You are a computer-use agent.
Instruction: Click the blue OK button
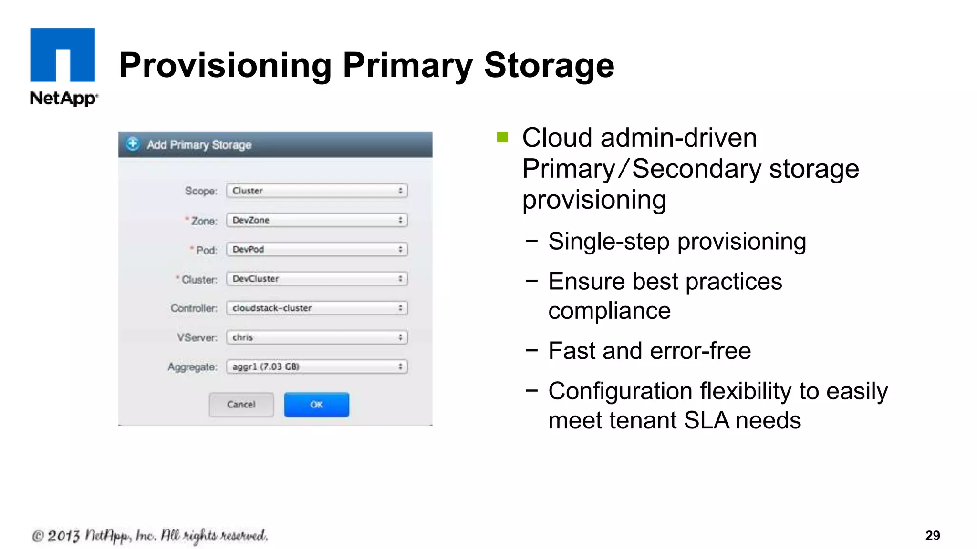(x=316, y=405)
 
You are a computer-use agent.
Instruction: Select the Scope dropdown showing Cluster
(x=317, y=191)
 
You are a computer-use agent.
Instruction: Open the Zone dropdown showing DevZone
(x=317, y=220)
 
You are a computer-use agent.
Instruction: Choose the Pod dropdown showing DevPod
(x=317, y=249)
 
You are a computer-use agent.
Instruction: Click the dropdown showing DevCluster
(x=317, y=279)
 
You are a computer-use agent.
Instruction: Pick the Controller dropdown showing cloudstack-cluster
(x=317, y=308)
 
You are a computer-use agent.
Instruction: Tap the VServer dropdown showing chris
(x=317, y=337)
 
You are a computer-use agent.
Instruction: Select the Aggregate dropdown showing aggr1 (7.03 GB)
(x=317, y=366)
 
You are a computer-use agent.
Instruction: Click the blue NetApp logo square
(x=62, y=55)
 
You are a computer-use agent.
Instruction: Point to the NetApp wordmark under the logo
(x=63, y=98)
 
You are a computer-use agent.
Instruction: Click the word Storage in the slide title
(x=549, y=65)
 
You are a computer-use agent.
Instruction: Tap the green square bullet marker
(x=502, y=137)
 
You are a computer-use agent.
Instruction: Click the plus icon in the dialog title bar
(x=133, y=144)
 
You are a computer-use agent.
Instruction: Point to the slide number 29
(x=932, y=536)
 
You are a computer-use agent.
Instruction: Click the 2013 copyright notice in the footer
(x=150, y=536)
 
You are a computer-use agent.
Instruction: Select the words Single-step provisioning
(x=677, y=241)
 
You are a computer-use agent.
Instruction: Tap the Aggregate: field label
(x=192, y=367)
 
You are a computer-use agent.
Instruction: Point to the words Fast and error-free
(x=649, y=351)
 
